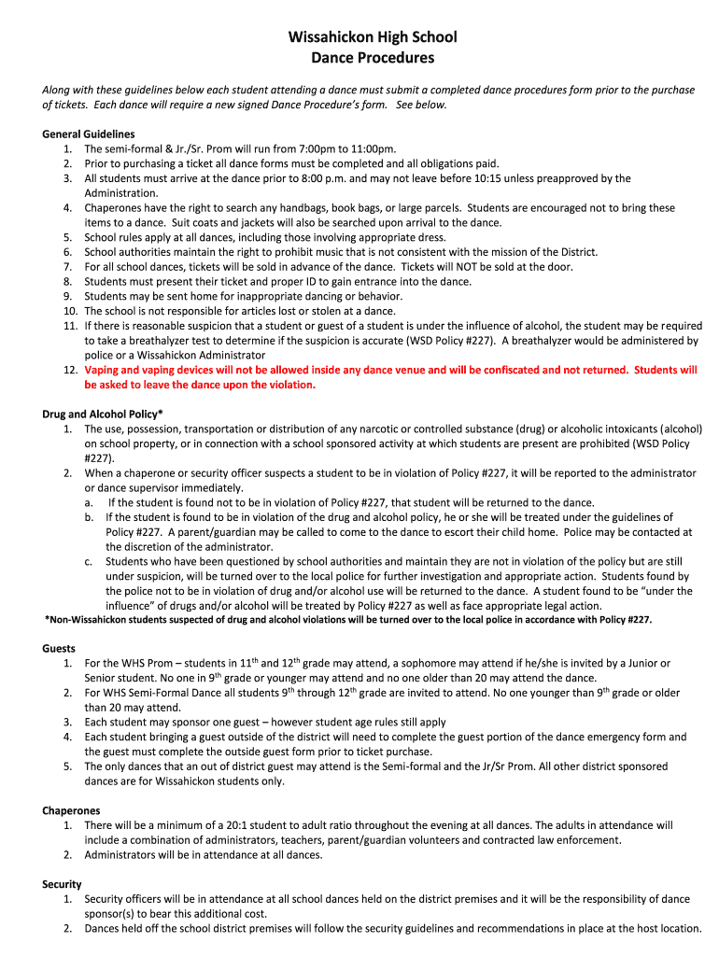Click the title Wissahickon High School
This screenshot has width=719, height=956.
pyautogui.click(x=372, y=37)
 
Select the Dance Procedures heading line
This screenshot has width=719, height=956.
pyautogui.click(x=372, y=58)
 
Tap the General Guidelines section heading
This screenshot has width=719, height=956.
pyautogui.click(x=89, y=134)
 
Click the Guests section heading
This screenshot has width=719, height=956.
pyautogui.click(x=59, y=648)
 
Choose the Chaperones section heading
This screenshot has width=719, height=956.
pyautogui.click(x=71, y=810)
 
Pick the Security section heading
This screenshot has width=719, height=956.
pyautogui.click(x=62, y=884)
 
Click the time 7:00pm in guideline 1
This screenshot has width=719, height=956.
pyautogui.click(x=296, y=148)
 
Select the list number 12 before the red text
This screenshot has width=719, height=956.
pyautogui.click(x=70, y=371)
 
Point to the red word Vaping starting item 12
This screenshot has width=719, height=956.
pyautogui.click(x=103, y=371)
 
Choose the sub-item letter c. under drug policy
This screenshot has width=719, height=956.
pyautogui.click(x=88, y=561)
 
